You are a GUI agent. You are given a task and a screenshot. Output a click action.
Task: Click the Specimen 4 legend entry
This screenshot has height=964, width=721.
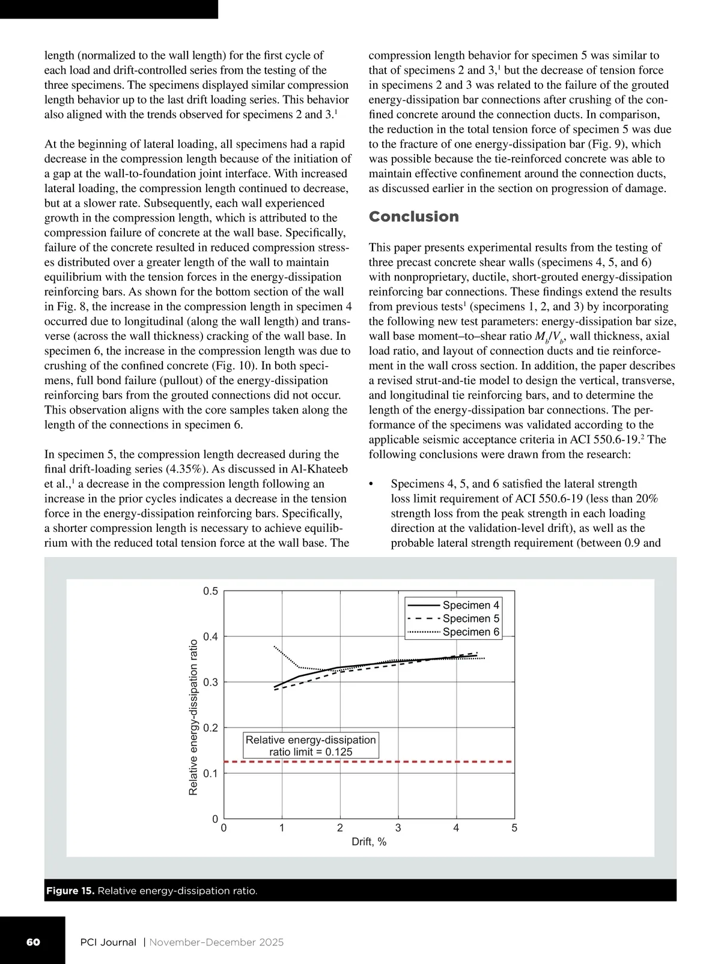[x=470, y=605]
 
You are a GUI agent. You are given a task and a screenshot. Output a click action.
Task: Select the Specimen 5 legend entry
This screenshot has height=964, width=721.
[x=470, y=618]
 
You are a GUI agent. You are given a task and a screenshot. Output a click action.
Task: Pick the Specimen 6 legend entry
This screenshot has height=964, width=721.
[x=470, y=631]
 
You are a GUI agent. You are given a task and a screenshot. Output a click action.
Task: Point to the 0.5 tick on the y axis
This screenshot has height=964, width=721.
[x=210, y=591]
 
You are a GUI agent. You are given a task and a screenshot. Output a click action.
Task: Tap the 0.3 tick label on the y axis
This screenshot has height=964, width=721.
[x=210, y=682]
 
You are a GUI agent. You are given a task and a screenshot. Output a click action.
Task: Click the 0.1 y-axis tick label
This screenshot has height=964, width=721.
[x=210, y=774]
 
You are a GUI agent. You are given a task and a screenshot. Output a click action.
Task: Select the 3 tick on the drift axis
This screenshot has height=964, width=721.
[x=398, y=828]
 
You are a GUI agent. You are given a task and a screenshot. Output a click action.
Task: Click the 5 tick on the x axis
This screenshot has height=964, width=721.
[x=514, y=828]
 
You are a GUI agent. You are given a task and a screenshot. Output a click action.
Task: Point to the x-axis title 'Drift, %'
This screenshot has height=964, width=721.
[x=369, y=842]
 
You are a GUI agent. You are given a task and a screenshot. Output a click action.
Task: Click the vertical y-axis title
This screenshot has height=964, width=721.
[x=193, y=717]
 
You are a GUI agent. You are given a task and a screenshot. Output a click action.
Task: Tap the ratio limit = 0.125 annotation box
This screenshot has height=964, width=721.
[x=311, y=746]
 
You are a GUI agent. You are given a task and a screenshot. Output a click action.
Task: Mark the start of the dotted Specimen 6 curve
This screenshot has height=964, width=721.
[x=275, y=646]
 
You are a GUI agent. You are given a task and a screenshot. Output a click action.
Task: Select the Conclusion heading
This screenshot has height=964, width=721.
[x=413, y=217]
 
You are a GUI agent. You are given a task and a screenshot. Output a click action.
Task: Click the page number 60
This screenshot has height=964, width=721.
[x=33, y=942]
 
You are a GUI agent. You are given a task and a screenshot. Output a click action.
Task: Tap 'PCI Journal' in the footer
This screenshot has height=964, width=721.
[x=108, y=942]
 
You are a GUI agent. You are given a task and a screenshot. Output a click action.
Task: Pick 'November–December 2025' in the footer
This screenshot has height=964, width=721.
[x=216, y=942]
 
